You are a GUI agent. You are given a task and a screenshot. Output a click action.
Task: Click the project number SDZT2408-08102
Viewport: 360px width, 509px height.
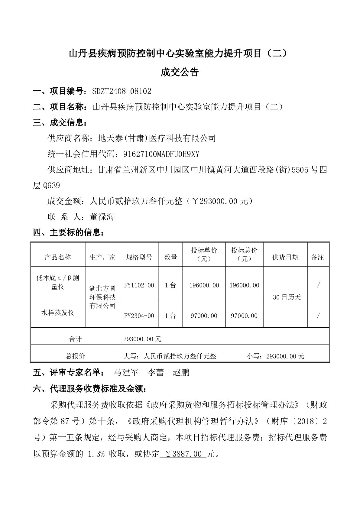[122, 91]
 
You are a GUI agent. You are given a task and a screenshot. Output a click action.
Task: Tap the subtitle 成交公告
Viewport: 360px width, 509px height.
[180, 73]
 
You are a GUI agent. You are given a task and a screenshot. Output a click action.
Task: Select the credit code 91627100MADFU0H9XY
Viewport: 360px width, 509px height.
[161, 154]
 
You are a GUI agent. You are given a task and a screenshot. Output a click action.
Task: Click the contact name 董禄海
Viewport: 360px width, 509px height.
[102, 217]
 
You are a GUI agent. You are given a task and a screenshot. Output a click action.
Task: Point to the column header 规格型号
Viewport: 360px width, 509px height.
[139, 257]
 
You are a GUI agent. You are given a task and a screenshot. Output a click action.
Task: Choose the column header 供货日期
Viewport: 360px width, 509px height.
[285, 257]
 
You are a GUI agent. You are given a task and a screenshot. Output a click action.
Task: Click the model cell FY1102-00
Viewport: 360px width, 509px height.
[139, 285]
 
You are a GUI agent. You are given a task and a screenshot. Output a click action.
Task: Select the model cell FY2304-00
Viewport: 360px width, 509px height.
[139, 316]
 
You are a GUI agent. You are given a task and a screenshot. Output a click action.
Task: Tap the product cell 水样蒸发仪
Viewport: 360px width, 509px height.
[58, 313]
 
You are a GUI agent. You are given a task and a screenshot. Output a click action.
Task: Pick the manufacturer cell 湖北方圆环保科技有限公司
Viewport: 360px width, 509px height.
[102, 297]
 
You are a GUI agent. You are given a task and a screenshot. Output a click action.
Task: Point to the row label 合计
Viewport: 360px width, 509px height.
[75, 339]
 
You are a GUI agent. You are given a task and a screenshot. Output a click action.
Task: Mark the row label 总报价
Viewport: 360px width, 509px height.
[75, 356]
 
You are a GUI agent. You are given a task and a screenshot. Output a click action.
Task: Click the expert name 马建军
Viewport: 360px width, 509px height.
[126, 372]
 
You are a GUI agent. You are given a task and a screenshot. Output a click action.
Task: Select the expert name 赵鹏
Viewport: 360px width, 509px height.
[181, 372]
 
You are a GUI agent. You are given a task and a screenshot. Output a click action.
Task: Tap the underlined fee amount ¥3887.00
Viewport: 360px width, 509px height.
[182, 454]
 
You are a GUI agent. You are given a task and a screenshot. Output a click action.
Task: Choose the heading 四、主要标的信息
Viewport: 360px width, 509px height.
[70, 233]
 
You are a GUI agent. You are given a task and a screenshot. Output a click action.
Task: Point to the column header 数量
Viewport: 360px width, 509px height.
[170, 257]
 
